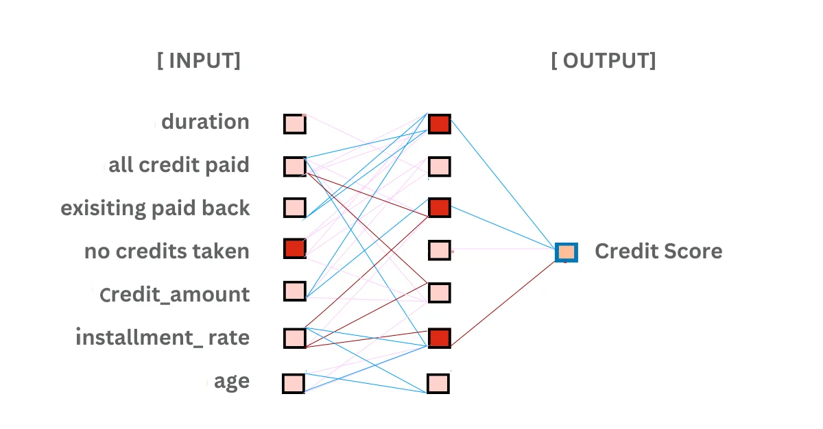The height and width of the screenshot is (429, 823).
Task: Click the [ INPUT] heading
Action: [199, 61]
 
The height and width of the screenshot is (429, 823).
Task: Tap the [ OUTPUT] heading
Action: [604, 61]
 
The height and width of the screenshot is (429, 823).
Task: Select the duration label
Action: [205, 122]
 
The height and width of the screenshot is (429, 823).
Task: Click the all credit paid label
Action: [179, 165]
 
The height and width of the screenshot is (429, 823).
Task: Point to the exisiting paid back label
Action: [156, 208]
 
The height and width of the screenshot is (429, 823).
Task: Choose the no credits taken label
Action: [167, 251]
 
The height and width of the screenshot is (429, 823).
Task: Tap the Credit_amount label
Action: [174, 295]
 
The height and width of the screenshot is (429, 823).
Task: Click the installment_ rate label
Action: [163, 337]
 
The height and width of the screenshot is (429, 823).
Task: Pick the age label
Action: [232, 381]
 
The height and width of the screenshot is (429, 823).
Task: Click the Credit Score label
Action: [658, 251]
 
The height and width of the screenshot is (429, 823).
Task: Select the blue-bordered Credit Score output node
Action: [566, 252]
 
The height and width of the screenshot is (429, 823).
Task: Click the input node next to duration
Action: [295, 124]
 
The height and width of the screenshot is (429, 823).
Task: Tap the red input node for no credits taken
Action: [295, 248]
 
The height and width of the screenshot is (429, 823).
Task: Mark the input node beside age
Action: [294, 383]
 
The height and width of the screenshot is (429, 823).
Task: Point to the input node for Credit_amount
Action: [295, 291]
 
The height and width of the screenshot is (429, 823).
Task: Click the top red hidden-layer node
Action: [440, 124]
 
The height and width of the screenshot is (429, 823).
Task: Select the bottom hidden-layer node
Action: [438, 383]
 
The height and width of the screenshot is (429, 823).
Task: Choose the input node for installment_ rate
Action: [295, 338]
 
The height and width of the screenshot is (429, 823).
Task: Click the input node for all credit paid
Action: [295, 166]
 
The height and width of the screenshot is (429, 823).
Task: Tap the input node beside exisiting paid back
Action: [295, 207]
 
